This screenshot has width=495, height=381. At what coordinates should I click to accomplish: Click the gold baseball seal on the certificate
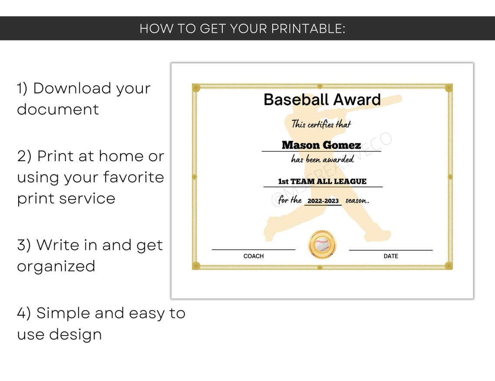pyautogui.click(x=322, y=245)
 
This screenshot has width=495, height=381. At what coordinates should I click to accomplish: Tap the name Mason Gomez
pyautogui.click(x=321, y=145)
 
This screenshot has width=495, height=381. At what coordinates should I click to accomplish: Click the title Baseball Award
pyautogui.click(x=322, y=100)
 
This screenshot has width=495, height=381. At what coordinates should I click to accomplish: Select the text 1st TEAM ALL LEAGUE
pyautogui.click(x=322, y=182)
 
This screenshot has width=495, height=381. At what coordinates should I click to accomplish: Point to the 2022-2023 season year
pyautogui.click(x=323, y=201)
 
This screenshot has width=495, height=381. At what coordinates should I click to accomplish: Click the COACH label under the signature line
pyautogui.click(x=254, y=256)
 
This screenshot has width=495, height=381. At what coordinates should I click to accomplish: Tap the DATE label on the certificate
pyautogui.click(x=391, y=256)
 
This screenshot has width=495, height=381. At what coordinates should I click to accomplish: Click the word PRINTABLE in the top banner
pyautogui.click(x=308, y=29)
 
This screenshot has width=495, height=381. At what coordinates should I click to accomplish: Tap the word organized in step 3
pyautogui.click(x=56, y=266)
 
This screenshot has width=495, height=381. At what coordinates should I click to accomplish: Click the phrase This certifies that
pyautogui.click(x=321, y=124)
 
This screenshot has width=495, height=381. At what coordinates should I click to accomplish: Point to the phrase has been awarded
pyautogui.click(x=322, y=159)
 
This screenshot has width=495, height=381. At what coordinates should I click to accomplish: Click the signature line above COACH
pyautogui.click(x=254, y=250)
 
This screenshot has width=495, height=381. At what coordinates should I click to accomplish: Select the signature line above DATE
pyautogui.click(x=391, y=250)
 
